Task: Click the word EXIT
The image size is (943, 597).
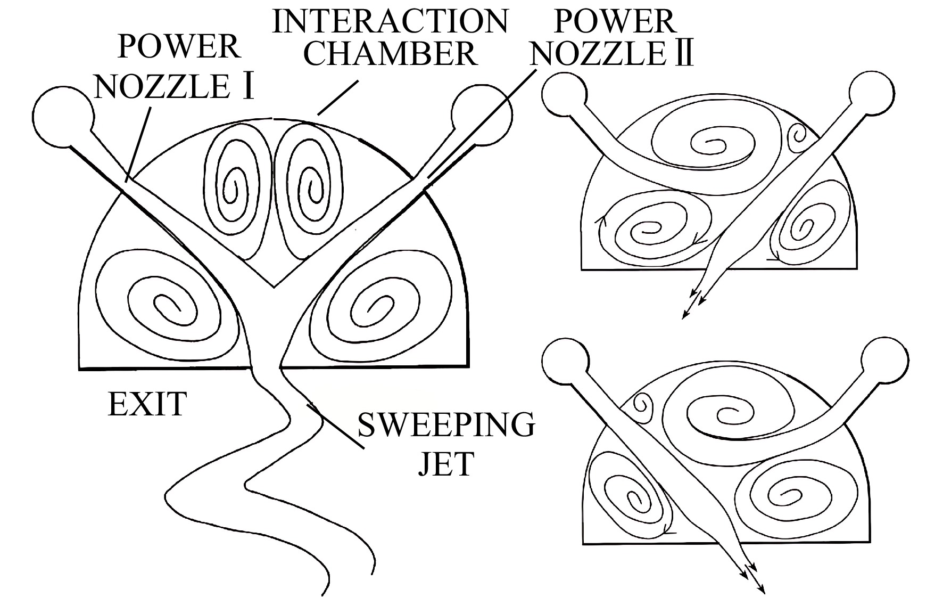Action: point(147,404)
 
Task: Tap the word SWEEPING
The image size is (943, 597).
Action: point(446,425)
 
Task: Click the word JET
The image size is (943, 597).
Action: point(445,463)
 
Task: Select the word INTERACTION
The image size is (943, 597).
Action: point(390,21)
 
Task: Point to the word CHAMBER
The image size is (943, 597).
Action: point(390,54)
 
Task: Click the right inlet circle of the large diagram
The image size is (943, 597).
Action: point(482,114)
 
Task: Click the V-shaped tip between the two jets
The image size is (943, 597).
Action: point(274,287)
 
